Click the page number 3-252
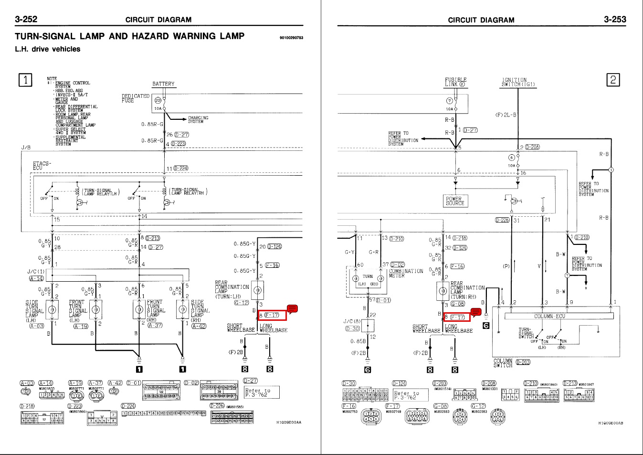(26, 19)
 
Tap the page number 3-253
(615, 19)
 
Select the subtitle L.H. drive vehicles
(48, 49)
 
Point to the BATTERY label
(163, 84)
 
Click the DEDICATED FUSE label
(135, 98)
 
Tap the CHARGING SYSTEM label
(198, 119)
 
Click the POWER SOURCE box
(454, 201)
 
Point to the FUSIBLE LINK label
(456, 82)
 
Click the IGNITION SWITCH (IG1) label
(518, 82)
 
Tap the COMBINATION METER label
(406, 273)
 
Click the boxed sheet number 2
(613, 80)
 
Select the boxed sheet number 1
(25, 80)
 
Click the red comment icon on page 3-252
(292, 308)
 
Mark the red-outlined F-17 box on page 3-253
(457, 317)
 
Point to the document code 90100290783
(291, 38)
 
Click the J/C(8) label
(352, 321)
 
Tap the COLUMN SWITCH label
(503, 363)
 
